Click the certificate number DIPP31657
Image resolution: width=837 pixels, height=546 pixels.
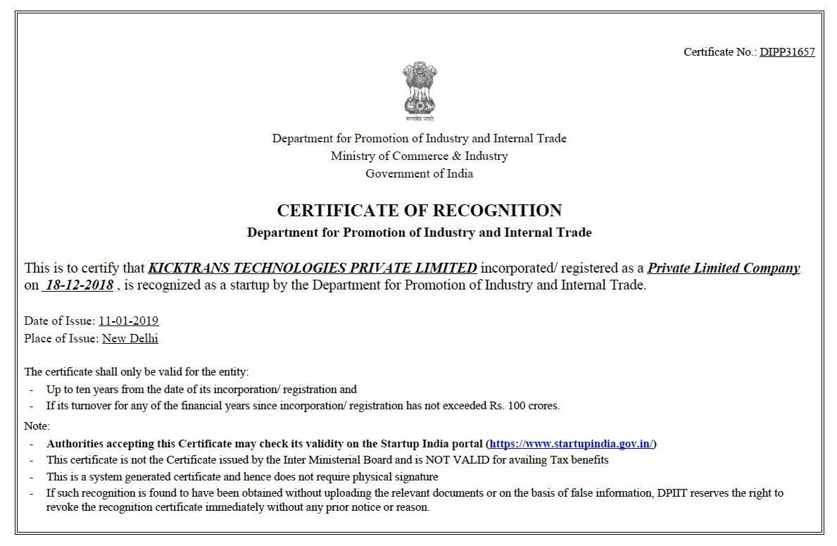coord(786,52)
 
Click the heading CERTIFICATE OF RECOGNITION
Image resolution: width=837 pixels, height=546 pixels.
coord(419,211)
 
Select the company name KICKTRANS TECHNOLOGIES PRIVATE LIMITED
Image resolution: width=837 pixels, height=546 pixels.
coord(313,268)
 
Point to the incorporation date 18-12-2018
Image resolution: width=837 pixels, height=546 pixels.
coord(78,286)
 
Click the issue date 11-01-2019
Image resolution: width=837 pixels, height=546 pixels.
coord(128,321)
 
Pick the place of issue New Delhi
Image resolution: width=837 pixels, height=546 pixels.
coord(130,339)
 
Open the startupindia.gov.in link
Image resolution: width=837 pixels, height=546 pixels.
coord(572,444)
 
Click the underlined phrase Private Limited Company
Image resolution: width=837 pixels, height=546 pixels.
coord(723,268)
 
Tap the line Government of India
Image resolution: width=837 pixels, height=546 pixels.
coord(419,174)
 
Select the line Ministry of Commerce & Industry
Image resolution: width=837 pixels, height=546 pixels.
coord(419,156)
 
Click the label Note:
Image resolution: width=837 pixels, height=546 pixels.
coord(37,426)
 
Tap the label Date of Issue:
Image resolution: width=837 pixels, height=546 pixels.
coord(60,321)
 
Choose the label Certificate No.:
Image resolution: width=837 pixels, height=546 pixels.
coord(719,52)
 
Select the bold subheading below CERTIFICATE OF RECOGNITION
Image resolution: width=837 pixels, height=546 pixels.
coord(419,232)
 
